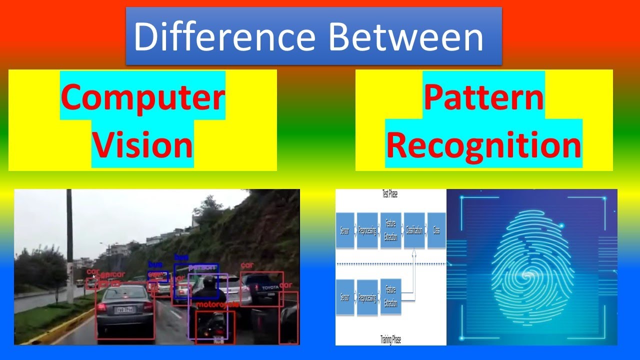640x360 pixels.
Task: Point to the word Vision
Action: tap(143, 145)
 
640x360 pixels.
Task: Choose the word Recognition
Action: tap(483, 145)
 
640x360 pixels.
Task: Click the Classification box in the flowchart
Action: tap(414, 230)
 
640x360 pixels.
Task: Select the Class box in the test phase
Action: tap(436, 230)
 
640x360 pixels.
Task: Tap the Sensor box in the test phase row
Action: tap(345, 230)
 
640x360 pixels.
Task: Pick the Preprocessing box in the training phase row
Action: tap(367, 297)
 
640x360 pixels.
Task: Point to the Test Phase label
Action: tap(389, 194)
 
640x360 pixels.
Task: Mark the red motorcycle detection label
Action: tap(216, 304)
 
